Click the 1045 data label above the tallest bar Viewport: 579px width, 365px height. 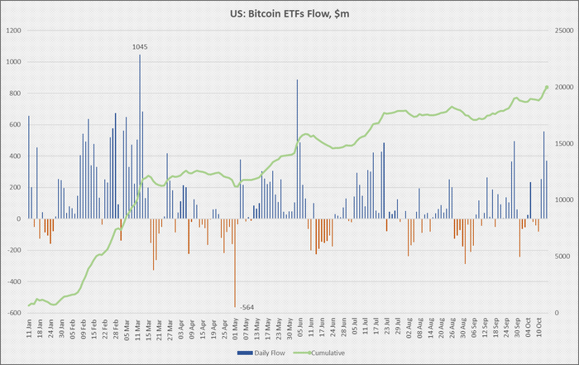tap(140, 47)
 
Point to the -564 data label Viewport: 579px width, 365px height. tap(247, 308)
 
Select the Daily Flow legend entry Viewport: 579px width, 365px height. tap(256, 353)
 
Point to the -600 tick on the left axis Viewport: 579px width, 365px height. tap(14, 314)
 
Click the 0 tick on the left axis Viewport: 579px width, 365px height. tap(19, 219)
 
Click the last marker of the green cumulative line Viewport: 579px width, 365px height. tap(547, 87)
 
